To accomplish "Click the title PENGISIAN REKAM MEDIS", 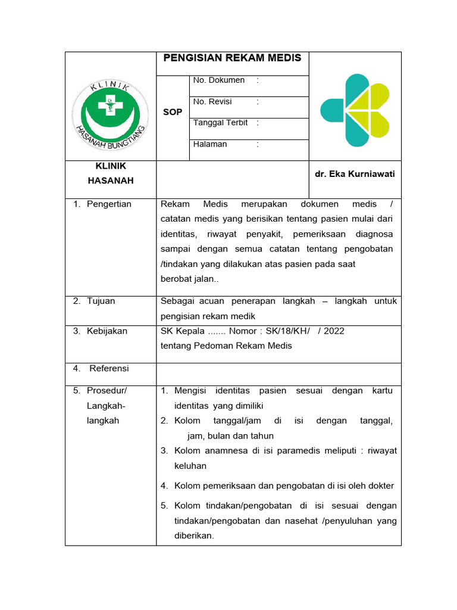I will click(x=232, y=58).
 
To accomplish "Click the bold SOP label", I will click(x=173, y=112).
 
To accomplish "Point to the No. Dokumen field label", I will click(x=218, y=80).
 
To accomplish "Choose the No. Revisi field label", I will click(x=212, y=101).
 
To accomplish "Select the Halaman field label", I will click(x=210, y=144).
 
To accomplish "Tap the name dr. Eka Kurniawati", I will click(x=355, y=174).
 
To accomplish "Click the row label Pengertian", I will click(x=109, y=204).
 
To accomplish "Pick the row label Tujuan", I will click(x=101, y=301).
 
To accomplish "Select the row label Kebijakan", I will click(x=107, y=331).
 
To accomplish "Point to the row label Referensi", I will click(x=109, y=368).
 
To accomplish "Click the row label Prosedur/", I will click(x=107, y=391).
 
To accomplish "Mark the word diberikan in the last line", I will click(x=193, y=536).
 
